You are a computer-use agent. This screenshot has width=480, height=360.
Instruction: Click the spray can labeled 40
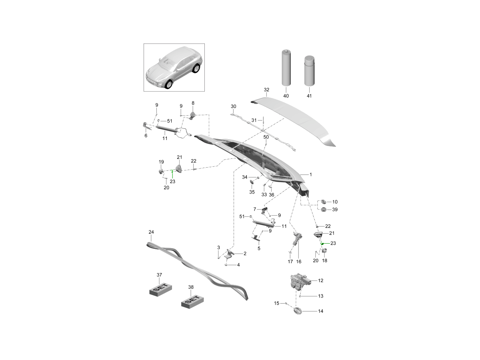pyautogui.click(x=286, y=68)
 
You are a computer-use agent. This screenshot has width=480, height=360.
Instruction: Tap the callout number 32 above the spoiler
pyautogui.click(x=266, y=90)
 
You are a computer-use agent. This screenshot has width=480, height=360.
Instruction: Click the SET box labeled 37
pyautogui.click(x=160, y=289)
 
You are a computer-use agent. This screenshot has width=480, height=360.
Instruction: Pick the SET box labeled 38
pyautogui.click(x=192, y=301)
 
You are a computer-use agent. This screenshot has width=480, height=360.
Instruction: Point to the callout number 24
pyautogui.click(x=151, y=232)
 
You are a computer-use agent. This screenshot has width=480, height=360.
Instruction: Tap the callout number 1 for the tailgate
pyautogui.click(x=310, y=175)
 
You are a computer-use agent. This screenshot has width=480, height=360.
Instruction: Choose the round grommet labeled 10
pyautogui.click(x=323, y=202)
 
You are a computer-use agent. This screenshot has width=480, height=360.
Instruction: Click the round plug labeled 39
pyautogui.click(x=324, y=210)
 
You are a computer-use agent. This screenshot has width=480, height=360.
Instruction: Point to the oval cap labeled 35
pyautogui.click(x=252, y=183)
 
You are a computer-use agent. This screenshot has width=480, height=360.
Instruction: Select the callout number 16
pyautogui.click(x=298, y=261)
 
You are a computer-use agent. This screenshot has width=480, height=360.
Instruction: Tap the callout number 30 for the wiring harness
pyautogui.click(x=234, y=106)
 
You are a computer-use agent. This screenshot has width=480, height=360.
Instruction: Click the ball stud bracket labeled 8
pyautogui.click(x=193, y=115)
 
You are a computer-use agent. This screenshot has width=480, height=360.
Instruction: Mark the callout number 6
pyautogui.click(x=146, y=136)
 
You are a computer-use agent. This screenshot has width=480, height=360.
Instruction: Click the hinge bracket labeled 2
pyautogui.click(x=230, y=254)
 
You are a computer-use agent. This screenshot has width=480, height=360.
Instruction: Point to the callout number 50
pyautogui.click(x=266, y=137)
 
